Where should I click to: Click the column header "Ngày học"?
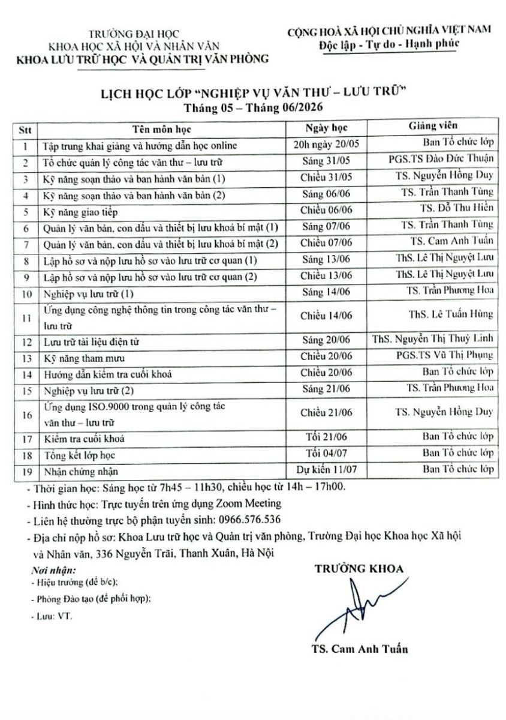click(x=326, y=128)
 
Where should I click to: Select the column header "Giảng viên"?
click(x=433, y=127)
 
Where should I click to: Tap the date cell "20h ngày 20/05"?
click(x=327, y=145)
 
